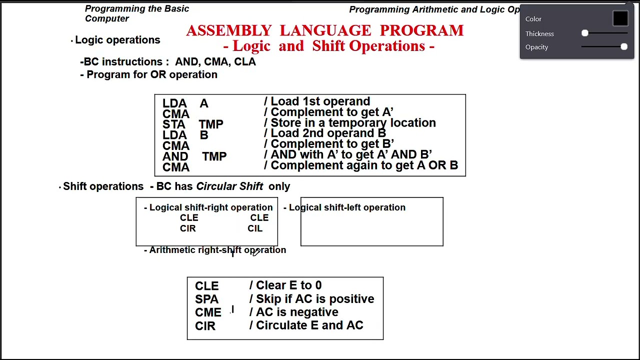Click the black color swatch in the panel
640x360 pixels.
point(620,18)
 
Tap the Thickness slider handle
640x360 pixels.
point(585,33)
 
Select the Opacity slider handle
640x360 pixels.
point(624,47)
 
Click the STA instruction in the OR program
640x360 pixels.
point(173,124)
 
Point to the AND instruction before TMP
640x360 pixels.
point(175,156)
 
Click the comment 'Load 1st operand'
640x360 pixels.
point(320,101)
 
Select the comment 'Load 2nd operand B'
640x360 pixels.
point(328,133)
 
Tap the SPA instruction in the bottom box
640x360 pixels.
point(206,299)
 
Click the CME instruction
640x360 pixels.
point(208,312)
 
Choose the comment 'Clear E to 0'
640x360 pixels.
point(288,285)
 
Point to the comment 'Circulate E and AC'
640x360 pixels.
point(309,325)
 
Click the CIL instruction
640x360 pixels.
point(255,228)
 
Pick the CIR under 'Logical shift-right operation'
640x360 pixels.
point(188,228)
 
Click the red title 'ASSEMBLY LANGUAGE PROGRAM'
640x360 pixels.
point(325,30)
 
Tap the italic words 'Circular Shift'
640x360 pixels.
point(229,186)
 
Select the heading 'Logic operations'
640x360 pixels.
point(117,40)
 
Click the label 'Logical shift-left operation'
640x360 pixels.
point(347,207)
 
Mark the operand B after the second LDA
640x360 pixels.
point(204,135)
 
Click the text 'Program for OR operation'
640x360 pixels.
point(152,74)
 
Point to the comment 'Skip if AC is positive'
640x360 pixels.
point(314,299)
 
